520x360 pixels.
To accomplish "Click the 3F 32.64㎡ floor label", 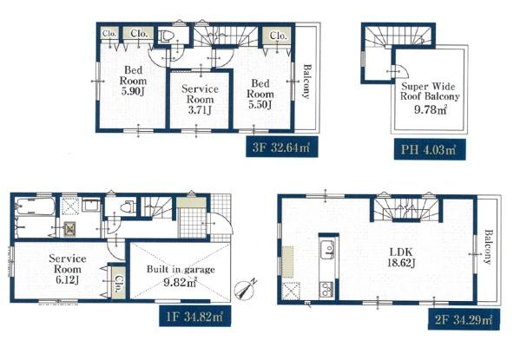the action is click(x=282, y=147).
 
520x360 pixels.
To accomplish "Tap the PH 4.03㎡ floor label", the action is click(x=430, y=149).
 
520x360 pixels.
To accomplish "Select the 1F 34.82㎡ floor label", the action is click(x=194, y=317).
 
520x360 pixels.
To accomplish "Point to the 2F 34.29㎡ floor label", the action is click(x=464, y=319).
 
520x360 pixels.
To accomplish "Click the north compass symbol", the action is click(x=245, y=290).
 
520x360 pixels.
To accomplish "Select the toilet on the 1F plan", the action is click(x=128, y=207).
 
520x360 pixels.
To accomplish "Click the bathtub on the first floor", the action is click(x=35, y=206).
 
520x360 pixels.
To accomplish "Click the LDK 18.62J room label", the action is click(x=401, y=258).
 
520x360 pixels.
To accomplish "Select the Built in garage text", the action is click(x=181, y=269).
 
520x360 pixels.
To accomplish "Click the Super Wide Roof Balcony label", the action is click(x=430, y=91).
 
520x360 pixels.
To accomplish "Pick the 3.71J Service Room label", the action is click(x=200, y=100).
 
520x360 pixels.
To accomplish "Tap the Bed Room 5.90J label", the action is click(x=134, y=81).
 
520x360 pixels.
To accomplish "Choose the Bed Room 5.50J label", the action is click(x=260, y=94).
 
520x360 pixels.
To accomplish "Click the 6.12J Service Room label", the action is click(x=68, y=269).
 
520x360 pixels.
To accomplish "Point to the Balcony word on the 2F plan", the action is click(x=487, y=246).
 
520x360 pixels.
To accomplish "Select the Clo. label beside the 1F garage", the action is click(x=118, y=284).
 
